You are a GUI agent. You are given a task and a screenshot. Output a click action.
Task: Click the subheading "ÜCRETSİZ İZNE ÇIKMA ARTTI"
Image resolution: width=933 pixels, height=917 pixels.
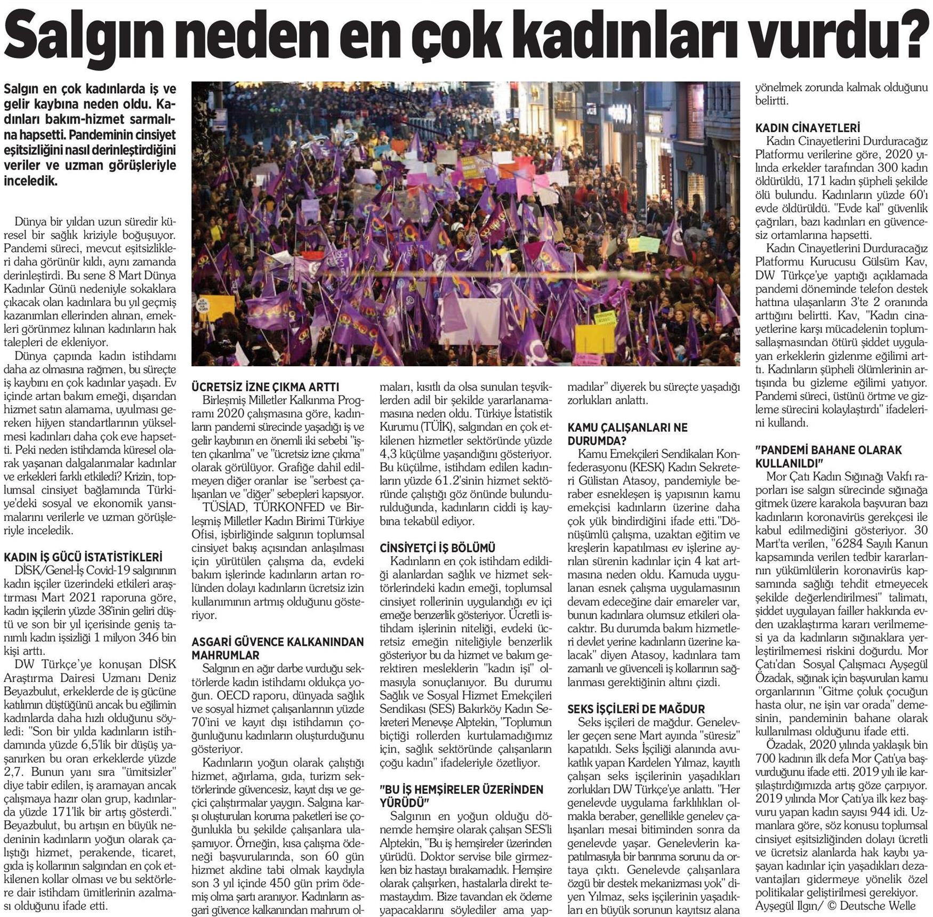coord(265,387)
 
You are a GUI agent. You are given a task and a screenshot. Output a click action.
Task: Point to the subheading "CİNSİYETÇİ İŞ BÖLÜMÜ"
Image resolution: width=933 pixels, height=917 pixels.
coord(438,548)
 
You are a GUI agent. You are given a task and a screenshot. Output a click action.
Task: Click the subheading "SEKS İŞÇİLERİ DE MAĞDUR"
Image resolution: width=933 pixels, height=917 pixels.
coord(636,709)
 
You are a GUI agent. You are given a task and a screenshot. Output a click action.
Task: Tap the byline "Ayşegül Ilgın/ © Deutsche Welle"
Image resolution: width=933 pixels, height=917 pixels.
coord(835,905)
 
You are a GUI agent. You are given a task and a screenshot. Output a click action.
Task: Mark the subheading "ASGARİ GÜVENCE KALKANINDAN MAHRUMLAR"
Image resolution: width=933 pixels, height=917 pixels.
coord(278,648)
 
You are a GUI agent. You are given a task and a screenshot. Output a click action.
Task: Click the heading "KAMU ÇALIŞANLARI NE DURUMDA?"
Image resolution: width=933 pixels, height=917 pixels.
coord(627,434)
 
